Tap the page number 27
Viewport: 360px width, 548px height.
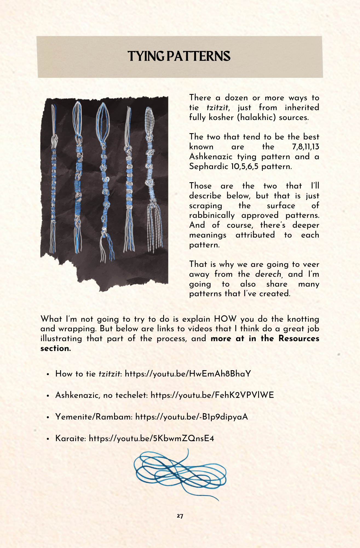[x=180, y=516]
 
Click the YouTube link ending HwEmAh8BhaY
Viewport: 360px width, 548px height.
[x=188, y=374]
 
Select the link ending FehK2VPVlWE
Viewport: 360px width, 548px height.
[x=212, y=395]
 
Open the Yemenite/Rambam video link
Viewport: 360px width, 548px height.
[x=192, y=417]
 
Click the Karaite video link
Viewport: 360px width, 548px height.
[x=151, y=438]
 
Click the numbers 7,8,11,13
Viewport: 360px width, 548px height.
[x=306, y=147]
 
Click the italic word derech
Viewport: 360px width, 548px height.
[x=268, y=274]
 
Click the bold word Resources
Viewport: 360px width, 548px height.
[x=299, y=339]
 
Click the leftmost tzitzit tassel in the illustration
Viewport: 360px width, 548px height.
[x=53, y=178]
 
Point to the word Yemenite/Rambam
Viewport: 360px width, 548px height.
[x=94, y=417]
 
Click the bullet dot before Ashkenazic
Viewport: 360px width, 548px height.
[x=48, y=396]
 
